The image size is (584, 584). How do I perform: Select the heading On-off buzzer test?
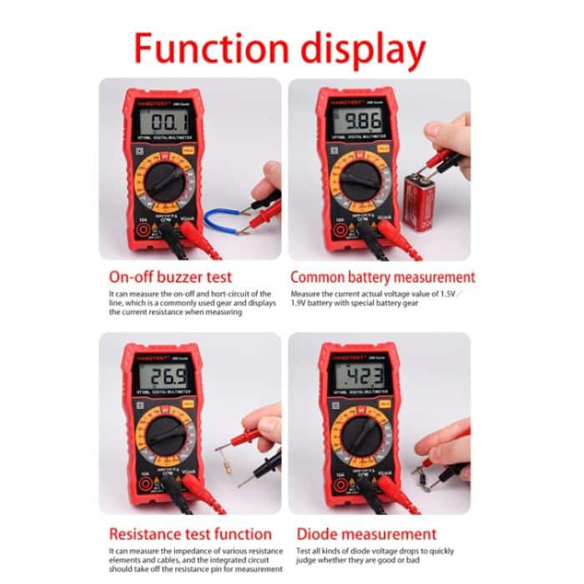click(x=170, y=276)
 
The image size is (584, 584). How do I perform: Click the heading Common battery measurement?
click(x=382, y=276)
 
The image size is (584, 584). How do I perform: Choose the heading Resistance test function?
click(x=190, y=534)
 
